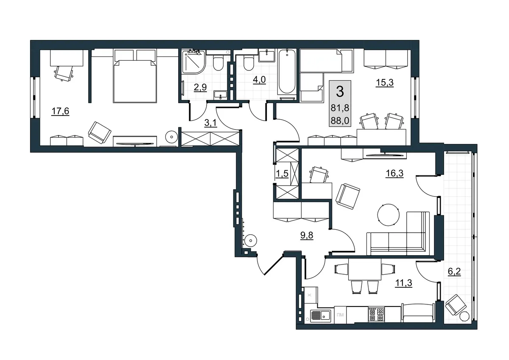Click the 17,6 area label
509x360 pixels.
[60, 111]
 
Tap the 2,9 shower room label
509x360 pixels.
[200, 87]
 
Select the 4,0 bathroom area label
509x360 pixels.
[259, 80]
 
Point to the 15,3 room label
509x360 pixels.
[384, 82]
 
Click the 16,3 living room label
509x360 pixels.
[394, 173]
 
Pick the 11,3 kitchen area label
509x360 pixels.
[403, 283]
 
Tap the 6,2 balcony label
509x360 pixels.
[454, 271]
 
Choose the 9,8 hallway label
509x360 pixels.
[307, 236]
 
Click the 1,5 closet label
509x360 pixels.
[282, 174]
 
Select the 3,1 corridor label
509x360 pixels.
[211, 123]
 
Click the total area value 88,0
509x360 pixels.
[340, 121]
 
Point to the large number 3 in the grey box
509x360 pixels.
[340, 92]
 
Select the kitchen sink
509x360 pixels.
[320, 315]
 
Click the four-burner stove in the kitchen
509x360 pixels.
[377, 314]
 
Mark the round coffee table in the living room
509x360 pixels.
[389, 215]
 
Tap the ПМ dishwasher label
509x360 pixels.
[340, 315]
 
